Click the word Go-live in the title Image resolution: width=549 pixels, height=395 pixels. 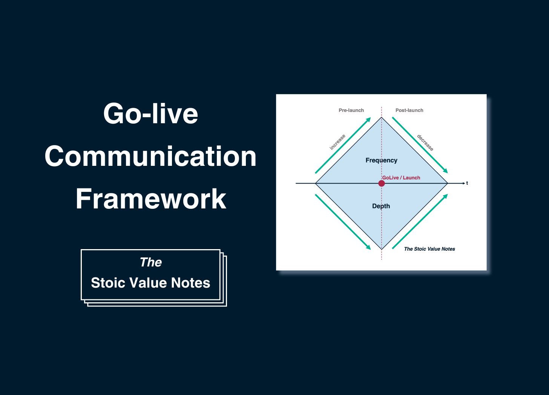coord(150,114)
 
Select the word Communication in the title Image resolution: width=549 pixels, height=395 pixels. coord(150,156)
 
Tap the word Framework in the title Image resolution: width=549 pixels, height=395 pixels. coord(150,199)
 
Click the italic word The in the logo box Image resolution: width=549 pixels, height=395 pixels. coord(150,262)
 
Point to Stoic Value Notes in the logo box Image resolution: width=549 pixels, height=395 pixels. coord(150,283)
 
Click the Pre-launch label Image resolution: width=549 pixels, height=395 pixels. coord(351,110)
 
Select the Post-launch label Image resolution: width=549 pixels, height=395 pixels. coord(409,110)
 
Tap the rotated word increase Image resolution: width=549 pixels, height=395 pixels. coord(337,142)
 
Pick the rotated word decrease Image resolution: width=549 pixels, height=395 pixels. coord(425,143)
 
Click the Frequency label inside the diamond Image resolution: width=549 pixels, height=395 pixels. coord(381,160)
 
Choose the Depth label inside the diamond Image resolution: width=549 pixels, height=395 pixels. coord(381,206)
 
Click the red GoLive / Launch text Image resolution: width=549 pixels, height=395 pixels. coord(401,178)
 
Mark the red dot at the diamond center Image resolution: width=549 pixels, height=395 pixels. coord(382,183)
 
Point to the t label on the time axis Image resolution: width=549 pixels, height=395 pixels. coord(467,183)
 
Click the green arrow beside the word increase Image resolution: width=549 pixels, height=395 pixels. coord(343,145)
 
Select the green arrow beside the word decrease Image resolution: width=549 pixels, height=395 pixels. coord(420,145)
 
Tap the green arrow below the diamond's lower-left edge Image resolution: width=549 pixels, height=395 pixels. coord(343,222)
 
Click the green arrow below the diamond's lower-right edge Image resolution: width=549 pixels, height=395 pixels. coord(420,221)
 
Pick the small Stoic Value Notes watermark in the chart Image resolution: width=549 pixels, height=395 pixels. coord(429,249)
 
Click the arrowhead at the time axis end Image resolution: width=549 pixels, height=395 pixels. coord(464,183)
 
